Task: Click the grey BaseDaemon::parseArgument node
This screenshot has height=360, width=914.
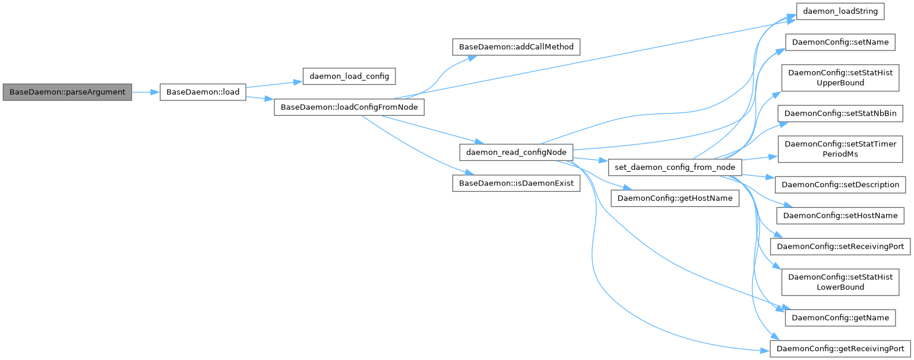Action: (67, 93)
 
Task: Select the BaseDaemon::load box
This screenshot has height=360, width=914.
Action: (203, 93)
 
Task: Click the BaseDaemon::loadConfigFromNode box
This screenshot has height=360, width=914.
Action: (349, 108)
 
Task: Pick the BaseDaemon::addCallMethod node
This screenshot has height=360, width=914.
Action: (515, 46)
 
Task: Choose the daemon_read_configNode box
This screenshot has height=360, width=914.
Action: (516, 151)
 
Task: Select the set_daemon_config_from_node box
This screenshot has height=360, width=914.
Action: (675, 167)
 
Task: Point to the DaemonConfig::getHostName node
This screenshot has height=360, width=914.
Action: (675, 198)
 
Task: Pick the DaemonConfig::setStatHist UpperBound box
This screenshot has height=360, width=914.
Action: (840, 78)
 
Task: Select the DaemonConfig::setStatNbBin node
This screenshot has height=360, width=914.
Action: (840, 113)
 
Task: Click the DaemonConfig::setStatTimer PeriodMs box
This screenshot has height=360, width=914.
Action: (840, 149)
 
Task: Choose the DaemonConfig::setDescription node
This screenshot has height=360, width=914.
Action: (840, 184)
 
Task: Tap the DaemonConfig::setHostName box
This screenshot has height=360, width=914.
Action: (840, 215)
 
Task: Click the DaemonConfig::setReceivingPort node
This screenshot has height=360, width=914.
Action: (840, 246)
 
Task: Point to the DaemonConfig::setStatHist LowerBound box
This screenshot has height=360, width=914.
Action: (840, 282)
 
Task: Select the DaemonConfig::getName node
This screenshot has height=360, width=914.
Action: (840, 318)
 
